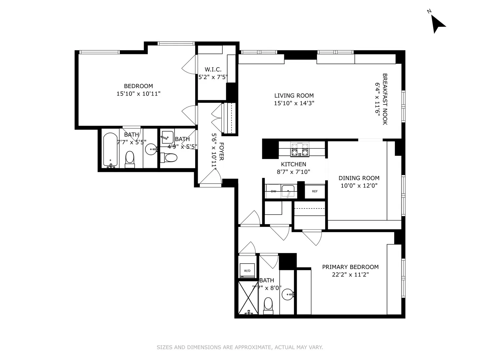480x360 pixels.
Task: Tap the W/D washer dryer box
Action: pyautogui.click(x=247, y=270)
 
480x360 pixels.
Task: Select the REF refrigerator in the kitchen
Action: pyautogui.click(x=315, y=191)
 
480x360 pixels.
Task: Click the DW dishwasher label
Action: pyautogui.click(x=273, y=191)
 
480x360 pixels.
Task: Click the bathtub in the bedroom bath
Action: pyautogui.click(x=110, y=150)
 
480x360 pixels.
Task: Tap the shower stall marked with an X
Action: pyautogui.click(x=249, y=297)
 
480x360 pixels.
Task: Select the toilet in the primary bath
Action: pyautogui.click(x=268, y=304)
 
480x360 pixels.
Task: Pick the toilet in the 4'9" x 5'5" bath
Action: pyautogui.click(x=171, y=158)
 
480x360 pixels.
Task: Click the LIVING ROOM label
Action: pyautogui.click(x=294, y=96)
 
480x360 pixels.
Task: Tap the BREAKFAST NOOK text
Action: pyautogui.click(x=385, y=99)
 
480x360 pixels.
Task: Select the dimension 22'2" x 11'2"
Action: pyautogui.click(x=350, y=275)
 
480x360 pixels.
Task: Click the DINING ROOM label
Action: pyautogui.click(x=359, y=178)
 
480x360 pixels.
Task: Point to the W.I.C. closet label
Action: pyautogui.click(x=213, y=69)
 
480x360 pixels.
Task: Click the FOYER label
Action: pyautogui.click(x=222, y=151)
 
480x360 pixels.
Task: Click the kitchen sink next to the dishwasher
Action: pyautogui.click(x=288, y=191)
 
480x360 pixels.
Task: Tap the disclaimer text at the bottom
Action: pyautogui.click(x=240, y=347)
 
